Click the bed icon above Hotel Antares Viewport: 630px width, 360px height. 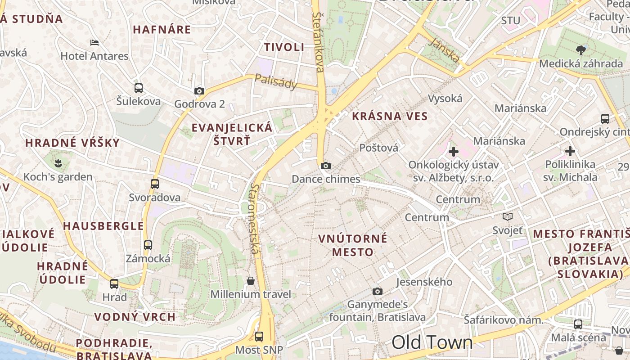[94, 43]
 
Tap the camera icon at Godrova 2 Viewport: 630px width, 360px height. [199, 91]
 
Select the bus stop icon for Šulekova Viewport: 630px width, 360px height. [139, 88]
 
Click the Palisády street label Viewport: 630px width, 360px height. [276, 81]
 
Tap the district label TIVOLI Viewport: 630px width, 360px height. [284, 47]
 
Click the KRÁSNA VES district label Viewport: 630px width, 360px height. [390, 116]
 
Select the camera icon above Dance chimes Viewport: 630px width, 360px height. [326, 166]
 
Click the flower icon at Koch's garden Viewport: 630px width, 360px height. [58, 162]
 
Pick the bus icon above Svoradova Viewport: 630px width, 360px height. [155, 184]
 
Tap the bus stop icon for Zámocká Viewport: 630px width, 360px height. [148, 245]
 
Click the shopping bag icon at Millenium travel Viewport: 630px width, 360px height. [251, 281]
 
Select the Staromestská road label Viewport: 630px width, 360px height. [255, 218]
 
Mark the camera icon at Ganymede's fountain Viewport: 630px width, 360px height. [378, 292]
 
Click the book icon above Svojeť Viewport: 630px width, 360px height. [508, 217]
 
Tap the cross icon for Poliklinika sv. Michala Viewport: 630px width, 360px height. [570, 151]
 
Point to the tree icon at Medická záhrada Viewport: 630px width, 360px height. [581, 50]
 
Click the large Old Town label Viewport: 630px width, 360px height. [432, 342]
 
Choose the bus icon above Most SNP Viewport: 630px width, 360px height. [259, 337]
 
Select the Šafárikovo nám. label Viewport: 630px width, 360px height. [504, 320]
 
